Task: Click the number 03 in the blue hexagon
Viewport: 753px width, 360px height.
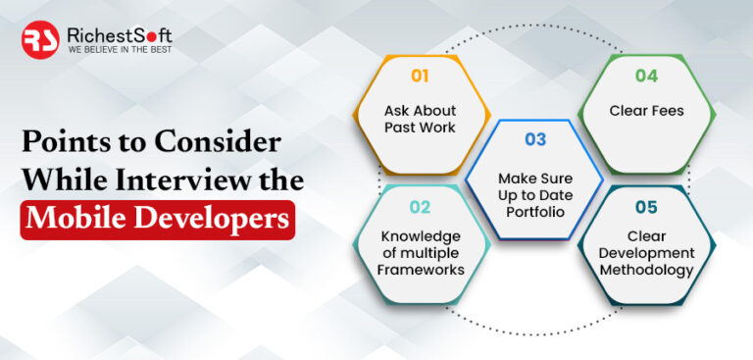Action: pyautogui.click(x=534, y=139)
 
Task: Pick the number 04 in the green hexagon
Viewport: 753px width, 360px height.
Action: pyautogui.click(x=647, y=75)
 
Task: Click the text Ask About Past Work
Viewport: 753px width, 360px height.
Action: pyautogui.click(x=420, y=118)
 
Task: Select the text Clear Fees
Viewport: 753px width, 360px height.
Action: pyautogui.click(x=646, y=111)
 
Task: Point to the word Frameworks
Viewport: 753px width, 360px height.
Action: pyautogui.click(x=421, y=269)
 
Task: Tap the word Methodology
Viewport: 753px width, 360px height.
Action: pyautogui.click(x=647, y=270)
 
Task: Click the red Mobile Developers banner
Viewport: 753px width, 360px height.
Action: pyautogui.click(x=157, y=218)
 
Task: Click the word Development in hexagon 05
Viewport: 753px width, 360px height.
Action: pyautogui.click(x=647, y=253)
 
